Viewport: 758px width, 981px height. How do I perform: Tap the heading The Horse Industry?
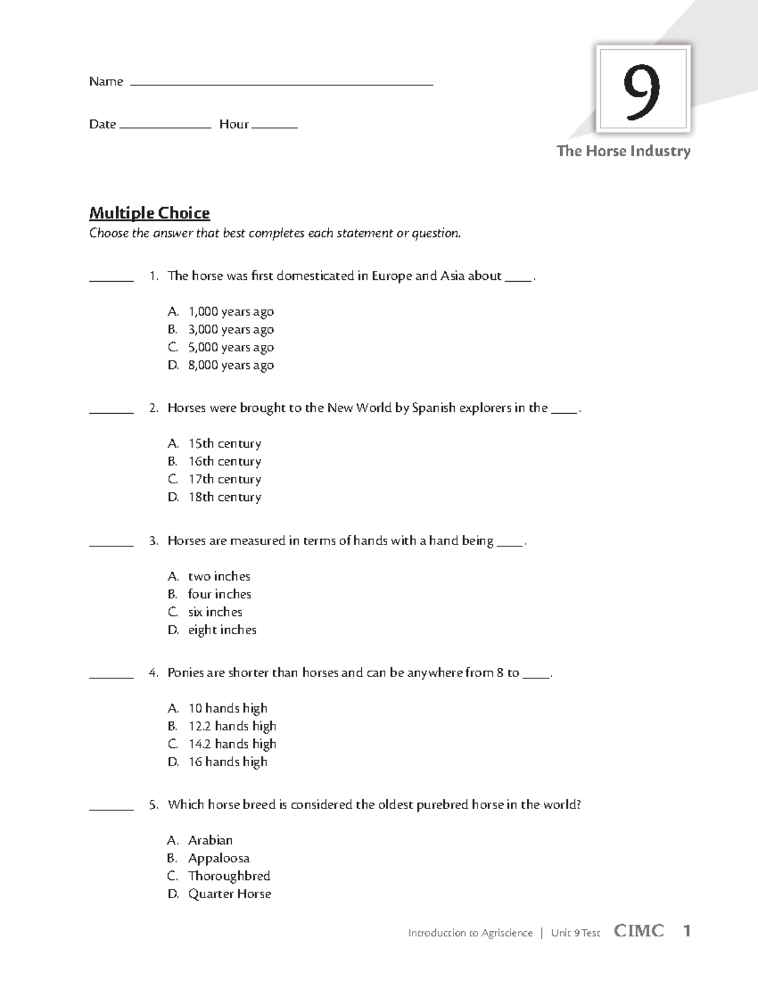click(623, 151)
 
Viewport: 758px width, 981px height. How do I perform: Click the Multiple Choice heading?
click(149, 213)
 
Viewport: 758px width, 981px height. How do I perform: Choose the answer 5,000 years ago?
click(231, 347)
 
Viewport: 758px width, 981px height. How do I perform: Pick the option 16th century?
click(224, 462)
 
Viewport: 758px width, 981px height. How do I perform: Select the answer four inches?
click(219, 594)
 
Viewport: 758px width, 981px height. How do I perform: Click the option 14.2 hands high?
click(232, 744)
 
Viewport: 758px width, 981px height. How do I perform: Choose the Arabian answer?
click(210, 840)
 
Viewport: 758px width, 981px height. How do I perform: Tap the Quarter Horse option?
click(229, 894)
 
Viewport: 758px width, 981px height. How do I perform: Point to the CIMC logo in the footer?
click(639, 931)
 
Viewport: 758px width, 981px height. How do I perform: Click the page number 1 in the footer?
click(687, 931)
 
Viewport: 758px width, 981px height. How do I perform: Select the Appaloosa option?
click(219, 858)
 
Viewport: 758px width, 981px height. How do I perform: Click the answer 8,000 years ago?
click(231, 365)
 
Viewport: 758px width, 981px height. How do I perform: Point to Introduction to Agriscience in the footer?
click(470, 933)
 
